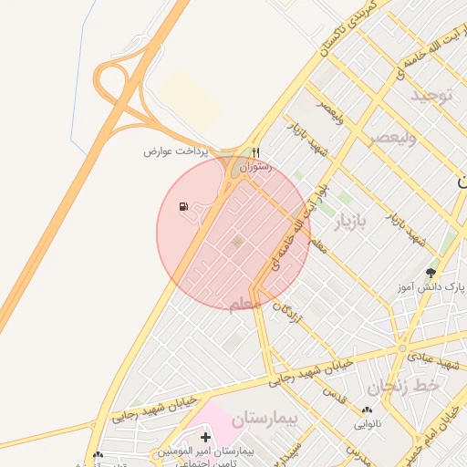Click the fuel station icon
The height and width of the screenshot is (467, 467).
click(184, 206)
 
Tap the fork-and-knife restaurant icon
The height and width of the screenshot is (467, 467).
click(256, 152)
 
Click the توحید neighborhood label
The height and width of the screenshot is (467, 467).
click(431, 96)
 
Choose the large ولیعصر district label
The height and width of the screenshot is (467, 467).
click(391, 138)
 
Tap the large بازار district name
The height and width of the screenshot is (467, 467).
click(352, 223)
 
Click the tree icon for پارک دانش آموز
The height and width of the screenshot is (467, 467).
click(431, 272)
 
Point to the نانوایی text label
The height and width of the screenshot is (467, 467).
click(368, 424)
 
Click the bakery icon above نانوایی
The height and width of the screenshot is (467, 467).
click(368, 410)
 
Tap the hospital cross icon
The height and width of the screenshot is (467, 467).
click(205, 438)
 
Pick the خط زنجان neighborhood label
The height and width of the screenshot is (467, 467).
click(411, 387)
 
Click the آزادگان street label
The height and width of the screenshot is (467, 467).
click(289, 315)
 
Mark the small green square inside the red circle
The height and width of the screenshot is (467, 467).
click(238, 242)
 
